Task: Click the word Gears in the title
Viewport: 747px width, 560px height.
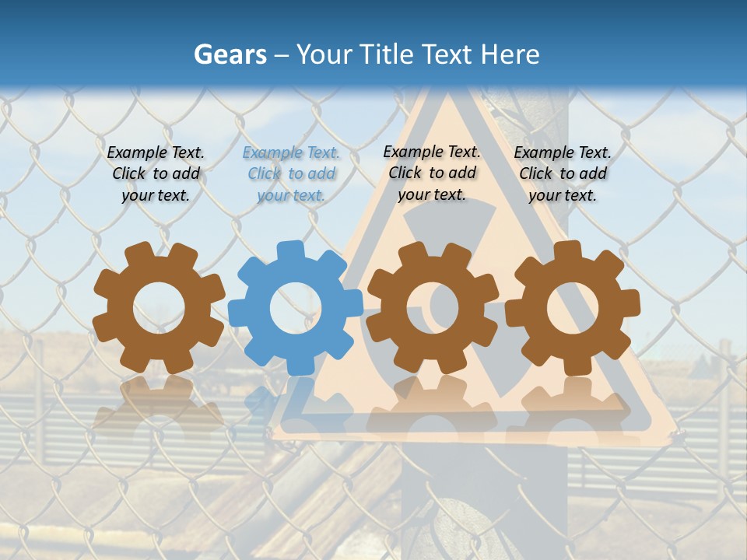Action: pyautogui.click(x=230, y=54)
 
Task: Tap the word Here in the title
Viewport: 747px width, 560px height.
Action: pyautogui.click(x=510, y=54)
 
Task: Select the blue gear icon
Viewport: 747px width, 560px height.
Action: pyautogui.click(x=296, y=308)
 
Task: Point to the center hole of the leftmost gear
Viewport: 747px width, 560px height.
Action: pyautogui.click(x=159, y=308)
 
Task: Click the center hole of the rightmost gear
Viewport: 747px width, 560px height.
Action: pyautogui.click(x=572, y=308)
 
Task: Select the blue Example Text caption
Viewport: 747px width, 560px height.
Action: pyautogui.click(x=291, y=174)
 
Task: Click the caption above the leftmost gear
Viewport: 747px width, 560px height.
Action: pyautogui.click(x=156, y=174)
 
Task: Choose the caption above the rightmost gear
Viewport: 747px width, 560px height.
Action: pyautogui.click(x=563, y=174)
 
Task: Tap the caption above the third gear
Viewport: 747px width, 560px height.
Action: pyautogui.click(x=432, y=173)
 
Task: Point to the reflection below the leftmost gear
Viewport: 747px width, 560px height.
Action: pyautogui.click(x=159, y=404)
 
